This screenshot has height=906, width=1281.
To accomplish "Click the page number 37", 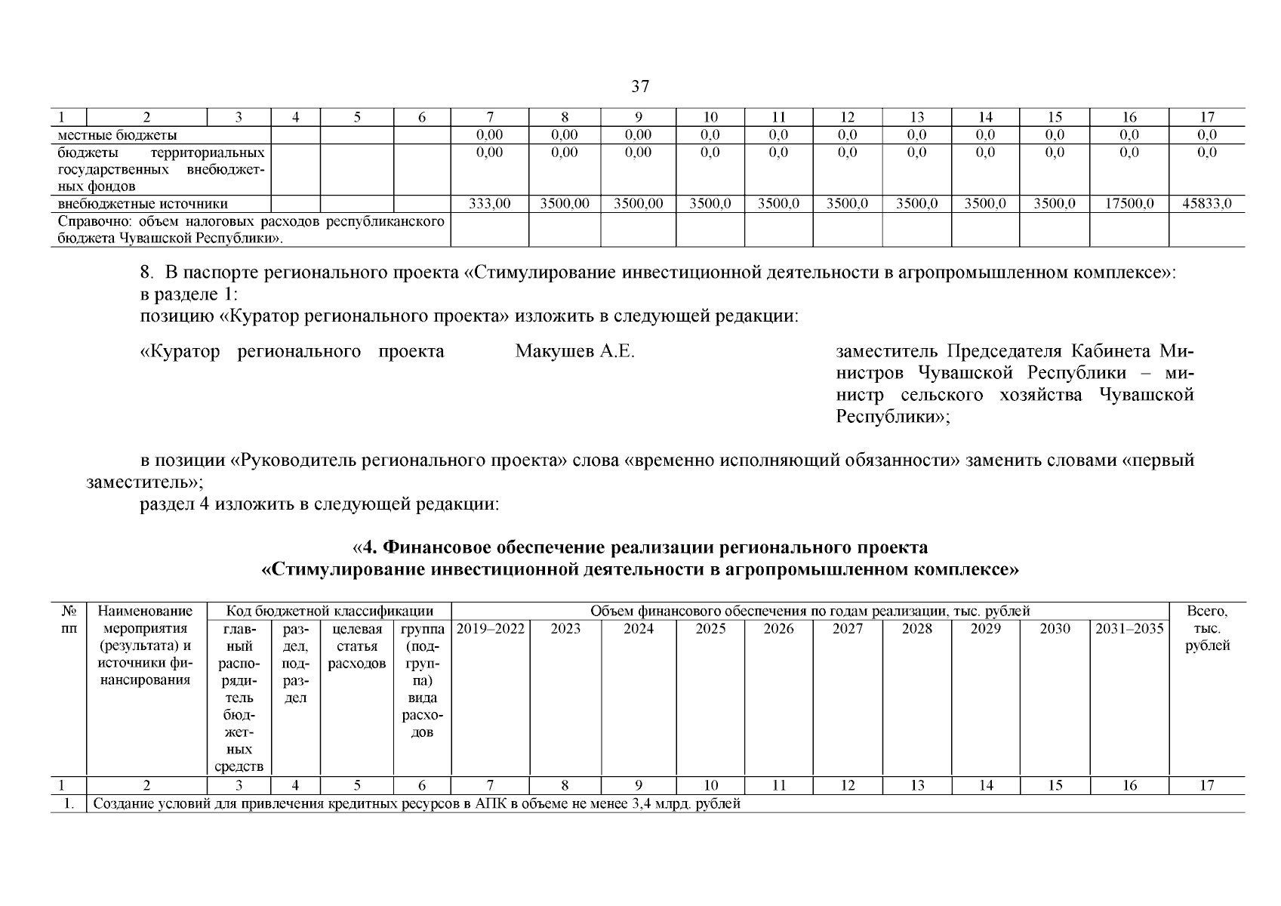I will pos(639,87).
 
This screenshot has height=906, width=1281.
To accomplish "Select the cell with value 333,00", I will pos(489,204).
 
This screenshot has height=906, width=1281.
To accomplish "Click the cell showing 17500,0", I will pos(1129,204).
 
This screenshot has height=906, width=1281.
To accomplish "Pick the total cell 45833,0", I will pos(1206,204).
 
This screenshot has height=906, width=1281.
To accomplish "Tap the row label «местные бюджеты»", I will pos(118,136).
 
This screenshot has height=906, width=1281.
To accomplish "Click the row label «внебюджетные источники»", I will pos(143,204).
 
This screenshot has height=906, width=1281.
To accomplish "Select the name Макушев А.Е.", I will pos(574,352).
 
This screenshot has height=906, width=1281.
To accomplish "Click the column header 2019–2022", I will pos(490,629).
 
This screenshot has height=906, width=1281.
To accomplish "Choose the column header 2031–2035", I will pos(1129,629).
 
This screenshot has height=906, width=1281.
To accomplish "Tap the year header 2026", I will pos(778,629).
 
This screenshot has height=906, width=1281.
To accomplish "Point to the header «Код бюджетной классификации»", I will pos(330,612).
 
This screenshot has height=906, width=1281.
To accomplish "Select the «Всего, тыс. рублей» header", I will pos(1206,629).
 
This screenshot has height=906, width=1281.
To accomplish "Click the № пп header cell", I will pos(68,620).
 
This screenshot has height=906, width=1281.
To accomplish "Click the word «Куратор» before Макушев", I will pos(180,352).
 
